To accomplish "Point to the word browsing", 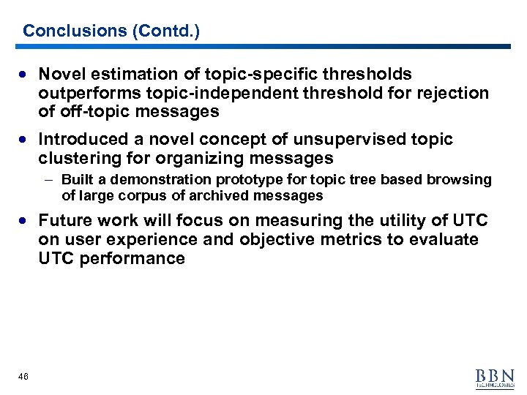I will (x=464, y=180).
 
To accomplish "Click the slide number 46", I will (x=23, y=376).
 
